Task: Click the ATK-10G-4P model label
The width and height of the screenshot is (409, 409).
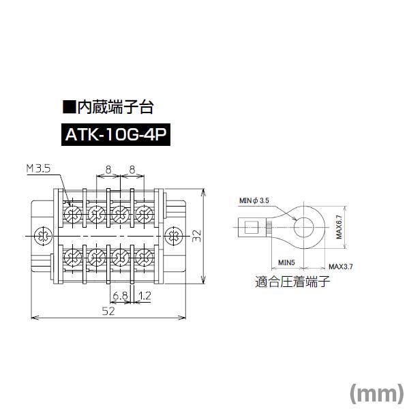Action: (x=115, y=134)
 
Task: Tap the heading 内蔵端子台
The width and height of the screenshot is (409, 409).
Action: (x=108, y=107)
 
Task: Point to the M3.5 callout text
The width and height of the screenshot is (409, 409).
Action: (x=40, y=168)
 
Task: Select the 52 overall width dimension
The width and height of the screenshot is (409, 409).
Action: (x=108, y=311)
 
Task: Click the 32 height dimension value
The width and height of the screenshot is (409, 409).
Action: (x=196, y=236)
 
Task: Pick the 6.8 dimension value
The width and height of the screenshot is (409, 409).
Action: (x=120, y=296)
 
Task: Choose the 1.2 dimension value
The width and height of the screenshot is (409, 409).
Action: (x=144, y=296)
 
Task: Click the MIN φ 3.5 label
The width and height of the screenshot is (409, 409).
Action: (x=255, y=200)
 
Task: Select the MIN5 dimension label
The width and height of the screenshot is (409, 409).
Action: (x=286, y=262)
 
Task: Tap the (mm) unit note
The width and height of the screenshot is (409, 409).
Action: (x=376, y=393)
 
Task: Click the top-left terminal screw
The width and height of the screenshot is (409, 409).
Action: (x=71, y=213)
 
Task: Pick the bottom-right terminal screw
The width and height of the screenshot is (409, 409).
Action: (x=143, y=258)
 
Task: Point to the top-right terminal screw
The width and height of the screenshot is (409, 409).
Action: (x=143, y=213)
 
